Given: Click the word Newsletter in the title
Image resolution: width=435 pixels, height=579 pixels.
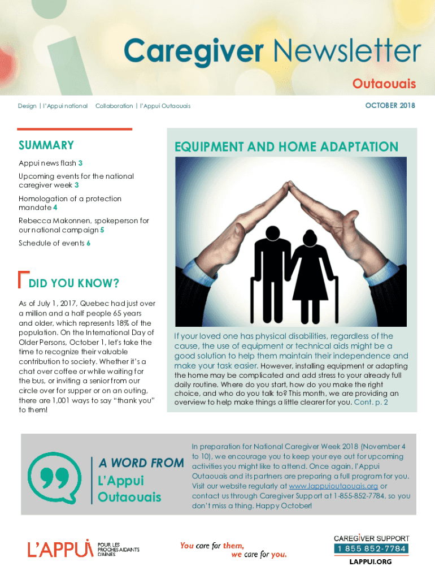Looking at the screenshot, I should pos(347,52).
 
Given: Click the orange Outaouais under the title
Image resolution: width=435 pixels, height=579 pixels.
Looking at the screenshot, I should pos(384,84).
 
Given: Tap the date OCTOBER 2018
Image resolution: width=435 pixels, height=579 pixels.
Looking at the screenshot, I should pos(390,106).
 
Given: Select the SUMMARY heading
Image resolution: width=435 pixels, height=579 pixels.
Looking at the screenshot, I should pos(46,145).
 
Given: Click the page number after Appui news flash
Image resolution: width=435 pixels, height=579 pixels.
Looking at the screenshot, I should pos(80,163).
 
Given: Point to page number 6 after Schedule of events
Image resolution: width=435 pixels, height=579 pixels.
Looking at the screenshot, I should pos(88,243).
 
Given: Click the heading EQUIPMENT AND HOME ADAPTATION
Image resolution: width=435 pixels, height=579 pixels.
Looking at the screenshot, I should pos(286,147).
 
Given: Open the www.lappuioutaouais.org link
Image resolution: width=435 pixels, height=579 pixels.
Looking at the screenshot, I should pos(333,486).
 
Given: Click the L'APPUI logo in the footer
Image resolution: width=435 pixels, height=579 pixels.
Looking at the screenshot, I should pos(59,547).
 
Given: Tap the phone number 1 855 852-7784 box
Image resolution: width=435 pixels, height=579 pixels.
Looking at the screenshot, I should pos(371,549).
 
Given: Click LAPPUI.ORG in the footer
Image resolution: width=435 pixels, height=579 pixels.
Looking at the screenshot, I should pos(371,561).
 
